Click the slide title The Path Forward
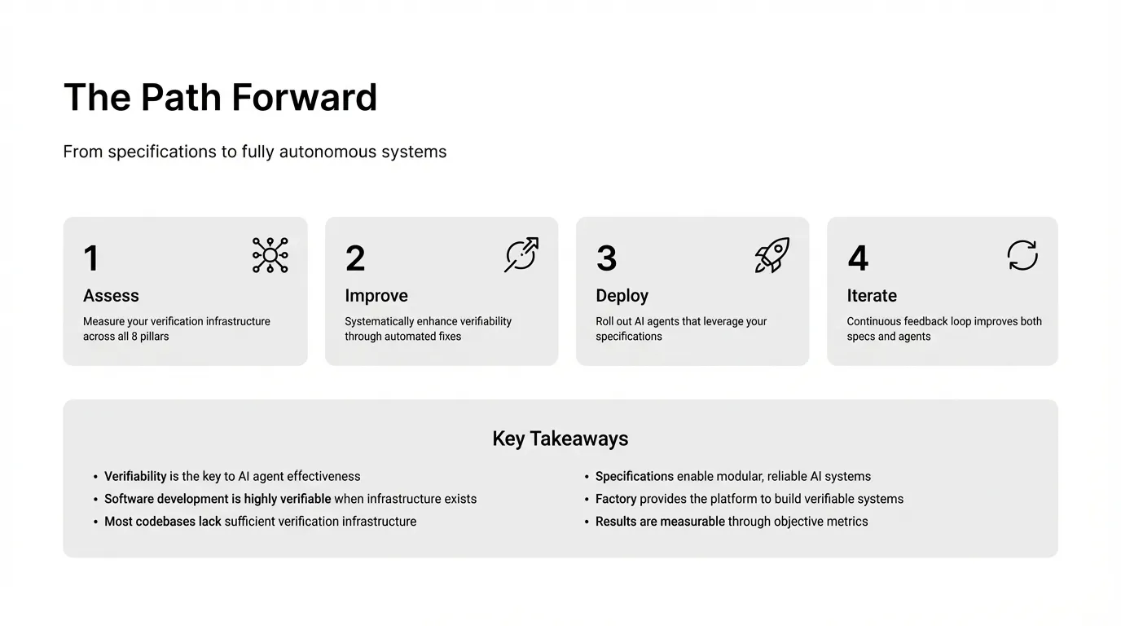(x=220, y=97)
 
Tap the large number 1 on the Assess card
(x=91, y=258)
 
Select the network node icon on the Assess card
(x=270, y=255)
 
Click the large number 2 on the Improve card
(x=355, y=258)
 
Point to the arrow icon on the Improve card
(x=521, y=255)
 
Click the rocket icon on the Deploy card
(x=772, y=255)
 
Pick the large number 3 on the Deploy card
(x=607, y=258)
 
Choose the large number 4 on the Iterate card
(x=858, y=258)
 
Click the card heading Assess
(x=111, y=295)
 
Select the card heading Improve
(x=376, y=296)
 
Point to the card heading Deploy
(x=622, y=296)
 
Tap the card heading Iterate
(x=872, y=295)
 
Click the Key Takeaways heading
(x=560, y=439)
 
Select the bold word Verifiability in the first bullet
(x=135, y=476)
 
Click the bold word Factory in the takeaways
(x=616, y=499)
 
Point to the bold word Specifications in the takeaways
(x=635, y=476)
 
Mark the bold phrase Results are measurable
(x=660, y=522)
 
